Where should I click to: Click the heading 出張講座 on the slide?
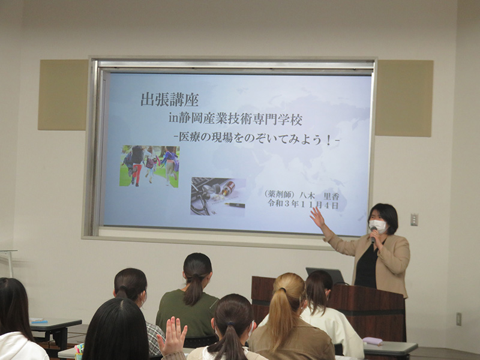click(x=170, y=99)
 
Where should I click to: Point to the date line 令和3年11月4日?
click(x=303, y=204)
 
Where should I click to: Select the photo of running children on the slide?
click(x=149, y=166)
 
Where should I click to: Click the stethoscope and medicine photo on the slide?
click(x=218, y=196)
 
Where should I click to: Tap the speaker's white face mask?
click(x=379, y=226)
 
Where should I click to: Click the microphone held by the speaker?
click(x=373, y=235)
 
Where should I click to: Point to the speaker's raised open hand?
click(x=317, y=218)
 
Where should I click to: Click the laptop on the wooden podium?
click(x=325, y=276)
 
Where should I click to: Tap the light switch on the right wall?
click(x=414, y=220)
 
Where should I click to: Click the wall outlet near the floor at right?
click(x=458, y=319)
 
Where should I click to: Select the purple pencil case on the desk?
click(x=372, y=341)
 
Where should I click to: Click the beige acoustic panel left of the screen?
click(x=63, y=95)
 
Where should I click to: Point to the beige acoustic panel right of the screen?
click(x=404, y=98)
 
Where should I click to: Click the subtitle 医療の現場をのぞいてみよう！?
click(x=257, y=140)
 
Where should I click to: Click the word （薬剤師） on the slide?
click(x=280, y=194)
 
